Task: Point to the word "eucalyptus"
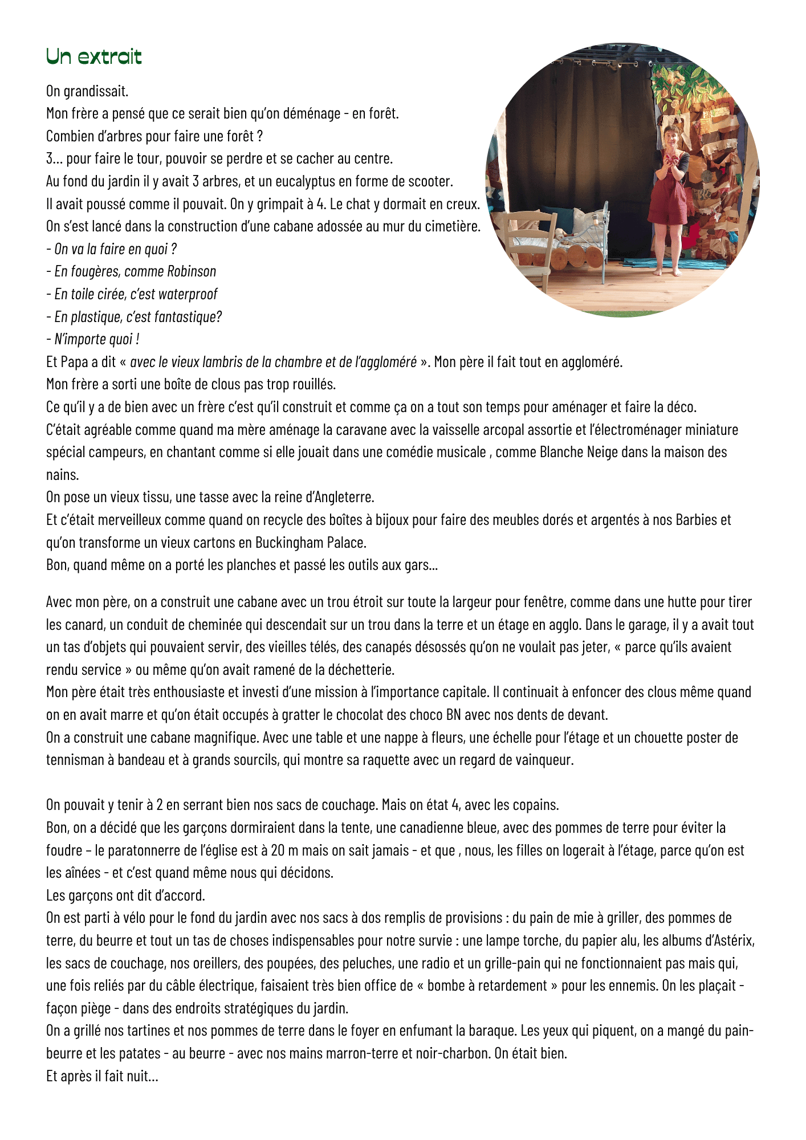pos(306,181)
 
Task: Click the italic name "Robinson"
pos(192,271)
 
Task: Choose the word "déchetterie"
pos(357,669)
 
